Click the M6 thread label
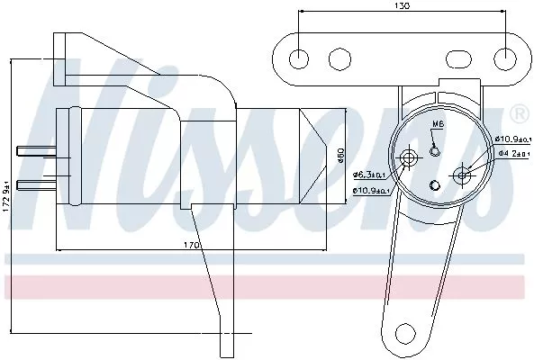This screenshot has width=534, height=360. coord(438,123)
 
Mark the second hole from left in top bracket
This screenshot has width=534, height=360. coord(339,58)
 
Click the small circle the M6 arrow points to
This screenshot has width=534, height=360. coord(436,149)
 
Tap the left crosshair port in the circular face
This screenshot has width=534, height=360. coord(411,158)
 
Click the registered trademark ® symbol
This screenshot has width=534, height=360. coord(520,113)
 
